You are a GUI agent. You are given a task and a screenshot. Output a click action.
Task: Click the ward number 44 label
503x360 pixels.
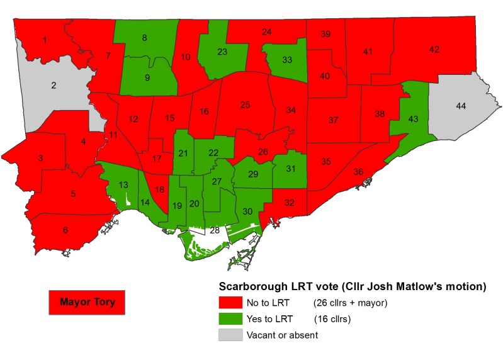pyautogui.click(x=461, y=108)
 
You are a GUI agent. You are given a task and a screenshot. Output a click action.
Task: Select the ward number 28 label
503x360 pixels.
pyautogui.click(x=215, y=231)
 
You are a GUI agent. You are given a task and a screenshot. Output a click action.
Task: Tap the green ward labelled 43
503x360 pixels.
pyautogui.click(x=413, y=119)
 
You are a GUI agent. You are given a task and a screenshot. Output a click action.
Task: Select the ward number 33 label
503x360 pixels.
pyautogui.click(x=287, y=60)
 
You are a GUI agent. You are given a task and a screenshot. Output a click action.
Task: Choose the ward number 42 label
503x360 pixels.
pyautogui.click(x=434, y=50)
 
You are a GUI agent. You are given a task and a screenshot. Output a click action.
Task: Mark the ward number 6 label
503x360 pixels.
pyautogui.click(x=65, y=230)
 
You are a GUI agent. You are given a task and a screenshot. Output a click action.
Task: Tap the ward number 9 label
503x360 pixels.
pyautogui.click(x=147, y=78)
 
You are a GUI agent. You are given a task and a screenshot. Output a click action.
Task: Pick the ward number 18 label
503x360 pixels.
pyautogui.click(x=160, y=189)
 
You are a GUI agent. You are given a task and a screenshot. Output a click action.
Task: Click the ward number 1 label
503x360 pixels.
pyautogui.click(x=45, y=41)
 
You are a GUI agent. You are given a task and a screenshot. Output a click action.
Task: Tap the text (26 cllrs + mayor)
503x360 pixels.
pyautogui.click(x=351, y=303)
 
